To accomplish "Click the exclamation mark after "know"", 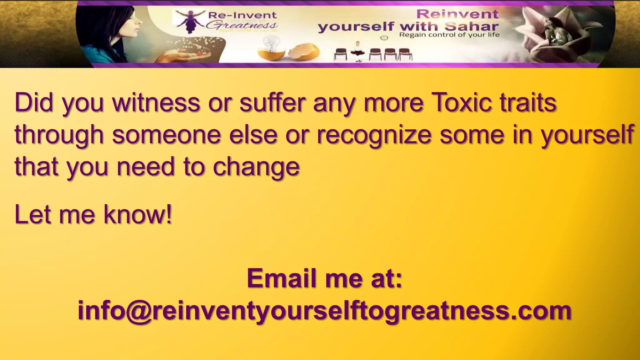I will click(x=169, y=214).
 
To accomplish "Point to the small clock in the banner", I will click(x=384, y=38).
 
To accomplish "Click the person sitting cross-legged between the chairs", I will click(x=358, y=51).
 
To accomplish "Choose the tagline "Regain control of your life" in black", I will click(x=449, y=35).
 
